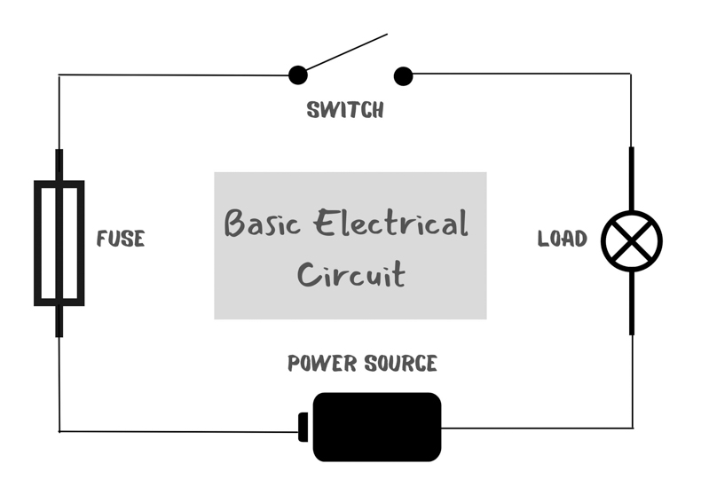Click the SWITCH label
coord(345,110)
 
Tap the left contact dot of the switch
coord(298,75)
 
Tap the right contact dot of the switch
coord(403,76)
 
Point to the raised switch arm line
coord(346,51)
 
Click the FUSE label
coord(121,239)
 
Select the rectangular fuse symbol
coord(37,243)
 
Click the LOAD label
coord(562,239)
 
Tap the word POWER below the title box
coord(322,363)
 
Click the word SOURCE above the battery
coord(400,363)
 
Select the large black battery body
coord(377,427)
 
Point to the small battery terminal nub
coord(303,427)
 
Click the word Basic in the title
coord(262,223)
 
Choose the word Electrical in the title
coord(390,223)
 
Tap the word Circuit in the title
coord(351,273)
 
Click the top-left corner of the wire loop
coord(59,75)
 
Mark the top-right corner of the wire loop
coord(631,74)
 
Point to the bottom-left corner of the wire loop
coord(59,431)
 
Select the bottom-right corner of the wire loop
coord(633,428)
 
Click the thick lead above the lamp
coord(631,178)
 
